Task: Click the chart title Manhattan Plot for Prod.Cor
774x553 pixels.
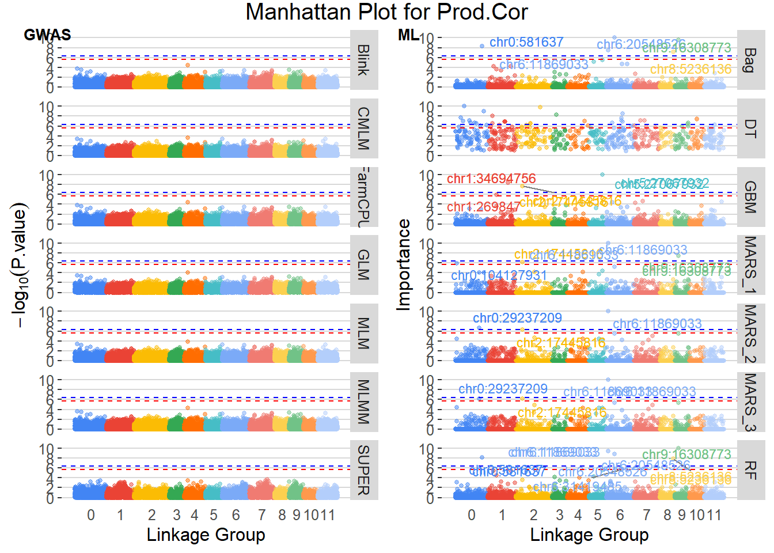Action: click(x=386, y=12)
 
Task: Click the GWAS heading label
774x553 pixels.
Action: click(x=47, y=35)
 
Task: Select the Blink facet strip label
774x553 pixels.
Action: click(x=363, y=60)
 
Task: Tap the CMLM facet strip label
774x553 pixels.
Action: click(x=363, y=128)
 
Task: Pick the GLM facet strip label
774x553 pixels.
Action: click(x=363, y=264)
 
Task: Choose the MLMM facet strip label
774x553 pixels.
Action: click(x=363, y=402)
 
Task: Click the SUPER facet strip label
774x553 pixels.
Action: click(x=363, y=469)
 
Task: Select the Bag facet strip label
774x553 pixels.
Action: click(x=750, y=60)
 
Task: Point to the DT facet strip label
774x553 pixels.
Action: click(x=750, y=128)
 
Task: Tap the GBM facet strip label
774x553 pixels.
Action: click(x=750, y=196)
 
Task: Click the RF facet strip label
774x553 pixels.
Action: click(x=750, y=469)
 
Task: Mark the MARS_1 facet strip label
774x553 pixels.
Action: click(x=750, y=264)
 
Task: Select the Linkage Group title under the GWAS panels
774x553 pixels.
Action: click(x=206, y=535)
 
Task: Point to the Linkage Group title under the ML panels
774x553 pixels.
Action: click(x=589, y=535)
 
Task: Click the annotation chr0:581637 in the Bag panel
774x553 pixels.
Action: click(x=526, y=42)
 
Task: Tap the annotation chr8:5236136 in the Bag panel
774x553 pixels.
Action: click(x=690, y=69)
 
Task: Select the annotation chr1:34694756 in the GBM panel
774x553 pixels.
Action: click(x=491, y=179)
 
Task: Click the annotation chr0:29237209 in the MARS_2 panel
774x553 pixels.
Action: click(x=517, y=318)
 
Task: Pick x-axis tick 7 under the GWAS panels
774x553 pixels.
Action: click(x=262, y=515)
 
